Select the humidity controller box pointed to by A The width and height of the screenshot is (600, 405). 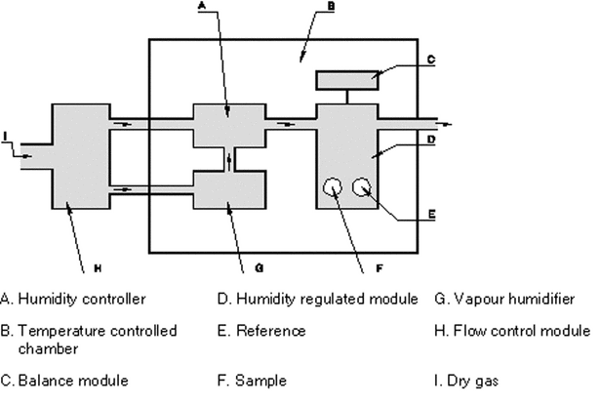(x=228, y=122)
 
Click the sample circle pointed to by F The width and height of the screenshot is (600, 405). (x=334, y=186)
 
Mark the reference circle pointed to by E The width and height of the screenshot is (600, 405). (x=366, y=186)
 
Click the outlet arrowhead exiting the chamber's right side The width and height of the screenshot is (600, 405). (x=448, y=124)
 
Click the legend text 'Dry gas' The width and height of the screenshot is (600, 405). (x=464, y=377)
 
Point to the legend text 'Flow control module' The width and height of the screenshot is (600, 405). (x=517, y=331)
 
